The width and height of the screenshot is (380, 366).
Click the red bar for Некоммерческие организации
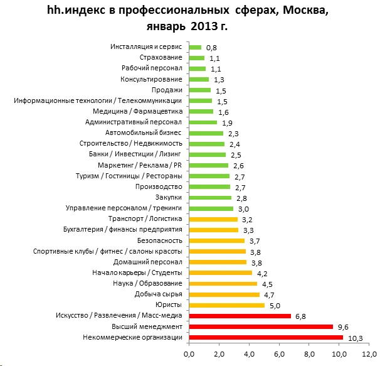(266, 338)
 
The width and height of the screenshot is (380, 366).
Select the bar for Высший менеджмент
(261, 327)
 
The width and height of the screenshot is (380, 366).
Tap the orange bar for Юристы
(226, 305)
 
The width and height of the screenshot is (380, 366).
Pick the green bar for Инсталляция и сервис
(195, 47)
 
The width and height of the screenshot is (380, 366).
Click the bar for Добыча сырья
(224, 294)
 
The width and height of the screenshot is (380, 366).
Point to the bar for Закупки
(209, 198)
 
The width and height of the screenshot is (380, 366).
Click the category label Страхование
(161, 58)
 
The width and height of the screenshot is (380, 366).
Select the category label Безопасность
(159, 240)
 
